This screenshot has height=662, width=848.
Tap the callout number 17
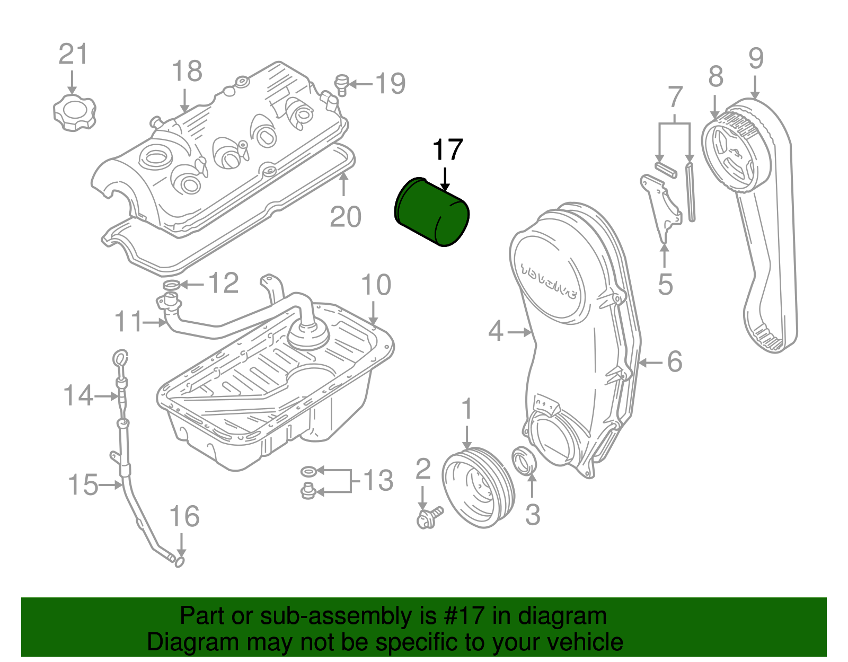point(448,151)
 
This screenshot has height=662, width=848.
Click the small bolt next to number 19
point(342,85)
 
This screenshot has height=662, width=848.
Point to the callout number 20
point(346,217)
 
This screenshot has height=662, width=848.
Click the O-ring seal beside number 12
point(171,286)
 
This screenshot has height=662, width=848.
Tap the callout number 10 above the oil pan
point(376,285)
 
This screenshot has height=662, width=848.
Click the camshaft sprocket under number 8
point(735,152)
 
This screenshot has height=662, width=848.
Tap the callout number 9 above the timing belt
point(756,58)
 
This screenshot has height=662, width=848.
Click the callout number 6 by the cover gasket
point(674,362)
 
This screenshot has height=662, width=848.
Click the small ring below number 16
point(180,562)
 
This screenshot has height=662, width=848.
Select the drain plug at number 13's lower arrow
point(307,492)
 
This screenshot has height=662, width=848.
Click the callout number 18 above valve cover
point(187,71)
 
